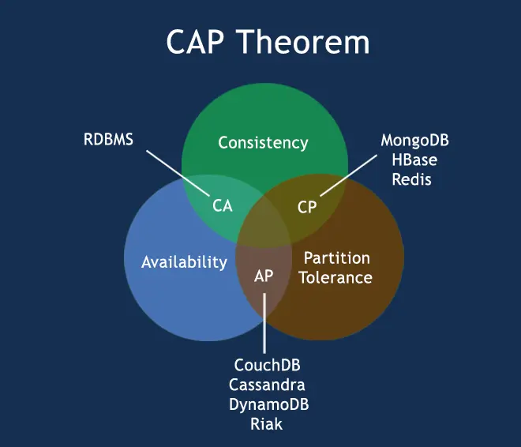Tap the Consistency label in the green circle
(x=263, y=143)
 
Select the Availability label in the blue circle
(x=184, y=262)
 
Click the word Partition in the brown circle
(x=337, y=258)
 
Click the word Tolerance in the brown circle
(x=337, y=278)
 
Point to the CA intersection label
(x=223, y=206)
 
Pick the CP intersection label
(x=307, y=207)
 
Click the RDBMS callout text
(x=109, y=141)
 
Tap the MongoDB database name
(x=415, y=141)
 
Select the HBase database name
(x=415, y=160)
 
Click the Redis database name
(x=415, y=179)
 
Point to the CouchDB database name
(x=268, y=366)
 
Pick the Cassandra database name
(x=268, y=385)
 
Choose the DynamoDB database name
(x=268, y=404)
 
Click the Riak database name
(x=268, y=424)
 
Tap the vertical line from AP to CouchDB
(x=264, y=324)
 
